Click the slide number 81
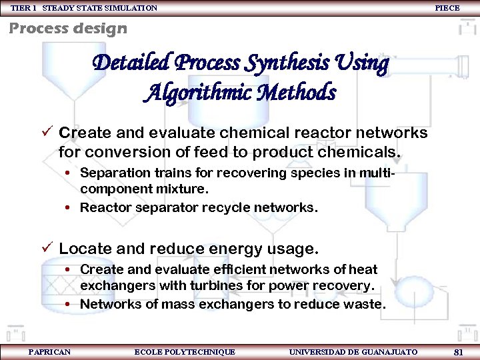(458, 351)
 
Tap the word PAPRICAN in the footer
(49, 351)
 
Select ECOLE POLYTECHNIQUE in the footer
(185, 351)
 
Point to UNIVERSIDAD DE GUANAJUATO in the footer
(353, 351)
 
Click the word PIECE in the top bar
(447, 8)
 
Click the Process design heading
(67, 28)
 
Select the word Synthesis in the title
(286, 63)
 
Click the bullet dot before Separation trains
(69, 173)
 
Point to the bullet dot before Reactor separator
(69, 208)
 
